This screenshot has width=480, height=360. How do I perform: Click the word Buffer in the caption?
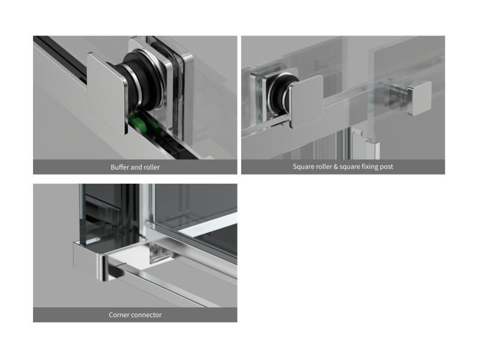(119, 167)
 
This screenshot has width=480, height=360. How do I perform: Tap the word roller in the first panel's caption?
(152, 167)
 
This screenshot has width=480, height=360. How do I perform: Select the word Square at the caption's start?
(302, 167)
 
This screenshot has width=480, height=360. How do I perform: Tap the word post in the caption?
(386, 167)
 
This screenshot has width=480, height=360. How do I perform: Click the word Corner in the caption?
(118, 314)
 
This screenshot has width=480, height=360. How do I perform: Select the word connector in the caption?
(146, 314)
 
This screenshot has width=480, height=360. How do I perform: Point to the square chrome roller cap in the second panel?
(306, 102)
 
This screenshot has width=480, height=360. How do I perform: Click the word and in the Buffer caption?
(137, 167)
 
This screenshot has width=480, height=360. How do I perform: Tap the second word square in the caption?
(349, 167)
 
